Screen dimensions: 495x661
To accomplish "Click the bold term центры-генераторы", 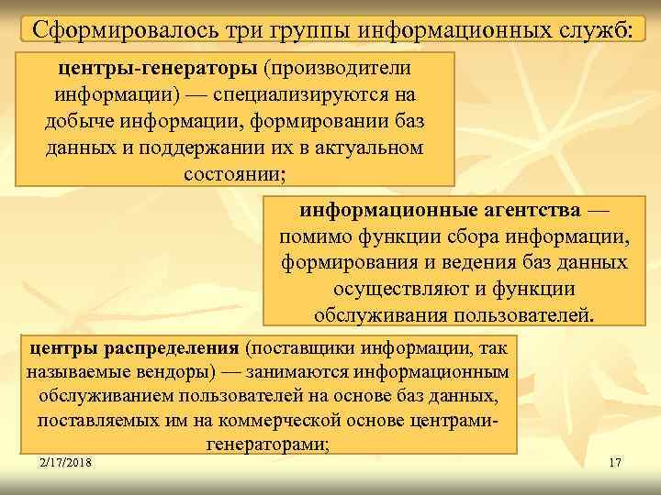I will pyautogui.click(x=160, y=69).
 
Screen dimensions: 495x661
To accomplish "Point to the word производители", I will pyautogui.click(x=337, y=69).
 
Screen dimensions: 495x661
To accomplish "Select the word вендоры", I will pyautogui.click(x=171, y=373).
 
